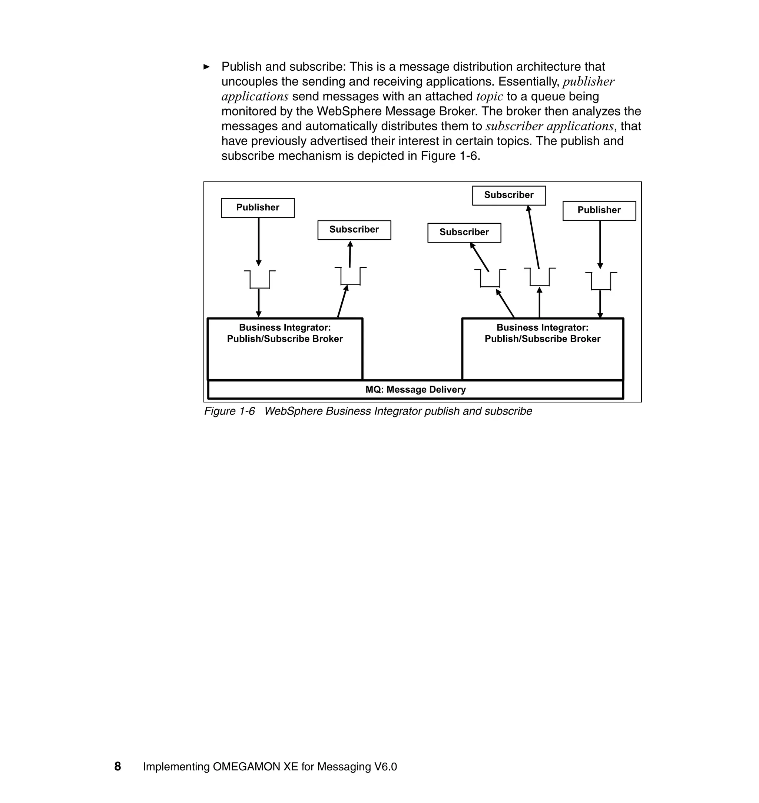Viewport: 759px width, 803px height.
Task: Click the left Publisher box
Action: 258,208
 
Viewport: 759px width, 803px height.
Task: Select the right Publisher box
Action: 599,211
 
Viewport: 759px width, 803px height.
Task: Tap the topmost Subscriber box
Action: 508,195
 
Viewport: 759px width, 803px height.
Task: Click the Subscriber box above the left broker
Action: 354,230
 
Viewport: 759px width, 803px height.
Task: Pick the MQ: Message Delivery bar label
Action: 415,390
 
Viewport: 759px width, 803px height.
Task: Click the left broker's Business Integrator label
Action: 285,327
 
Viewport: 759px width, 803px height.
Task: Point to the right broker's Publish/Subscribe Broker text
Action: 542,339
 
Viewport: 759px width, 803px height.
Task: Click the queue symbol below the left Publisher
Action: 259,279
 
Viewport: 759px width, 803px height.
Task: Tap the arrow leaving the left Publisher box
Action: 259,242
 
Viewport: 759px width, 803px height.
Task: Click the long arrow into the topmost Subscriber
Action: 534,237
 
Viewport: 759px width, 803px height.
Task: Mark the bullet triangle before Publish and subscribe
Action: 206,67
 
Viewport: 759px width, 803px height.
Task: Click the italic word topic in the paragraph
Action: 490,97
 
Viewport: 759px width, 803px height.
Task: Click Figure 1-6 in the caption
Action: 229,411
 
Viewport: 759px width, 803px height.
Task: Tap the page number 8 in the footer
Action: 118,767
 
